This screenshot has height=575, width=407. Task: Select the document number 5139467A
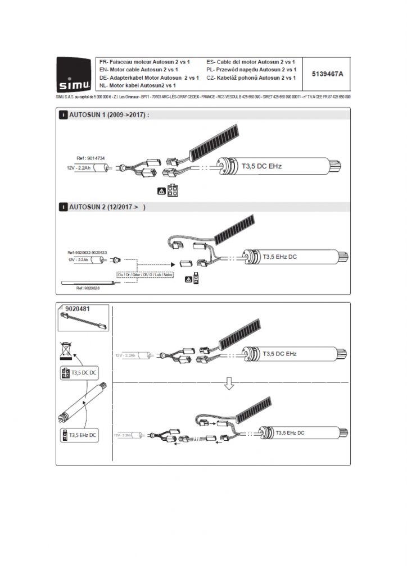coord(327,73)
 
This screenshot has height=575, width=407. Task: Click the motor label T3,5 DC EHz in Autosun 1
coord(264,166)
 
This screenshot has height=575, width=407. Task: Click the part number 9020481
coord(78,308)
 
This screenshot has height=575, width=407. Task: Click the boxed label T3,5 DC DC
coord(79,372)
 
